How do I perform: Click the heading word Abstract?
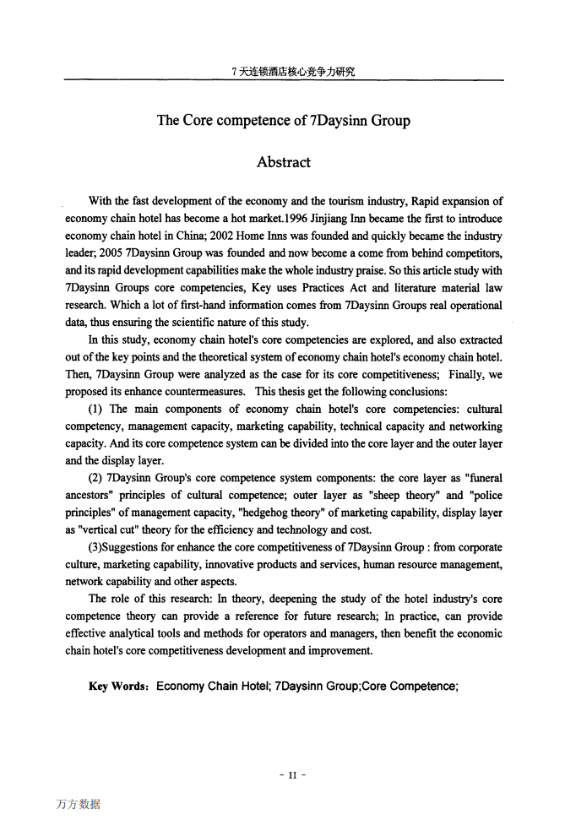click(283, 162)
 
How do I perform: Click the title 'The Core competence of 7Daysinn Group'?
click(283, 121)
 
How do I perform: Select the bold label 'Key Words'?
click(119, 687)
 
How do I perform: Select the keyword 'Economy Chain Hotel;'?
click(213, 687)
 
